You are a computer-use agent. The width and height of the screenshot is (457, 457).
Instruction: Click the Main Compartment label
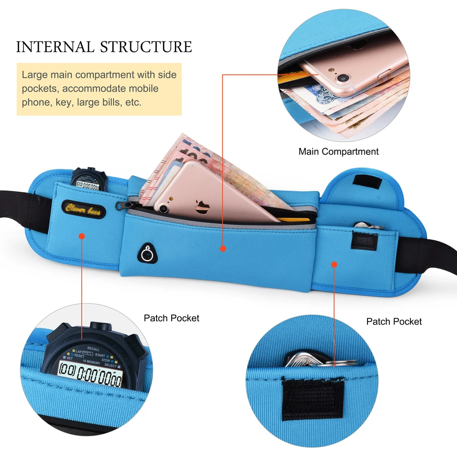pyautogui.click(x=338, y=152)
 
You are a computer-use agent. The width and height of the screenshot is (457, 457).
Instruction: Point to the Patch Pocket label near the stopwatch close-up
pyautogui.click(x=172, y=318)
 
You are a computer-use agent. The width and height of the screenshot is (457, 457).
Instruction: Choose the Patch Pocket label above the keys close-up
pyautogui.click(x=394, y=322)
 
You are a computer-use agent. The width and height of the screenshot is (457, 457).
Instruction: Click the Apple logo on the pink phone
pyautogui.click(x=202, y=207)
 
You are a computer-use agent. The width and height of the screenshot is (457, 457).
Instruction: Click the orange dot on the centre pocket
pyautogui.click(x=223, y=249)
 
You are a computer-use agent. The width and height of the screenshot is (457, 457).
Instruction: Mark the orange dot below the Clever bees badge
pyautogui.click(x=82, y=236)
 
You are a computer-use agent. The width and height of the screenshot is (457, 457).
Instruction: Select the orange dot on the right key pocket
pyautogui.click(x=334, y=264)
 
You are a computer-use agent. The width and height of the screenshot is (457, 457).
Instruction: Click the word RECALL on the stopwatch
pyautogui.click(x=93, y=349)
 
